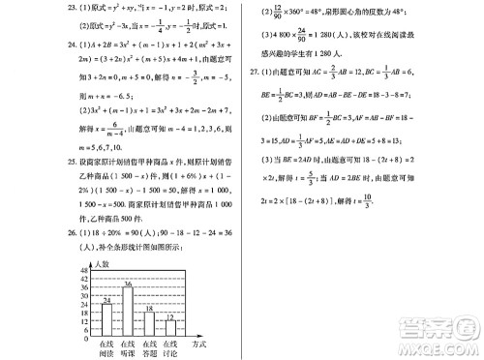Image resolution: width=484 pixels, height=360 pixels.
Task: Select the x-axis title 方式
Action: (198, 344)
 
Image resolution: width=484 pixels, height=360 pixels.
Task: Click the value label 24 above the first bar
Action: (108, 298)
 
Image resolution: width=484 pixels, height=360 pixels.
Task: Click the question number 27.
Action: (253, 72)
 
